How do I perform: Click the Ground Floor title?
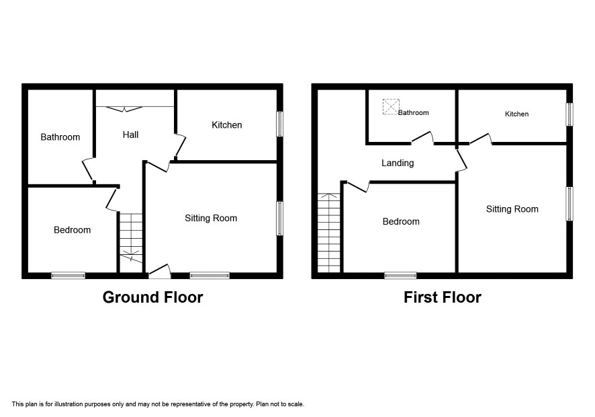[x=152, y=297]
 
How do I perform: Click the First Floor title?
[x=443, y=297]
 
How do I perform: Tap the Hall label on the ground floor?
[x=130, y=135]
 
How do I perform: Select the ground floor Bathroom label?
[x=60, y=137]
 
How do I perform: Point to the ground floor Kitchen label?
[x=226, y=124]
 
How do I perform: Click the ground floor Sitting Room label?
[x=211, y=218]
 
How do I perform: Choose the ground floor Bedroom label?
[x=72, y=229]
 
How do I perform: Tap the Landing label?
[x=398, y=163]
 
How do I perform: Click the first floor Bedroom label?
[x=401, y=221]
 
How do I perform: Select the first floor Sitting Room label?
[x=512, y=209]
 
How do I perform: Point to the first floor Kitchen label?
[x=517, y=114]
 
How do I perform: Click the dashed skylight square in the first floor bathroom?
[x=391, y=106]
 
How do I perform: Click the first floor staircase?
[x=329, y=233]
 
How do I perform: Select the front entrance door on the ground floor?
[x=160, y=272]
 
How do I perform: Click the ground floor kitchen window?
[x=279, y=124]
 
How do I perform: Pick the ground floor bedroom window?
[x=68, y=276]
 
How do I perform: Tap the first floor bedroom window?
[x=400, y=276]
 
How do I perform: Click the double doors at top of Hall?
[x=124, y=109]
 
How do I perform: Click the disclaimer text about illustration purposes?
[x=158, y=404]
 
